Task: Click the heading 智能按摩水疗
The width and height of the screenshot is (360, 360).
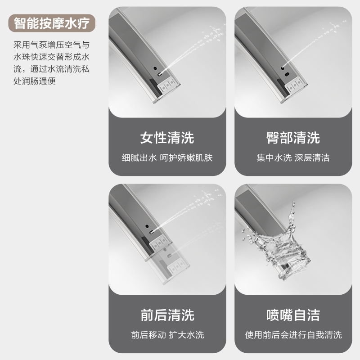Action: [x=52, y=23]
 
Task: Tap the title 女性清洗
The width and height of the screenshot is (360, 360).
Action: [x=167, y=138]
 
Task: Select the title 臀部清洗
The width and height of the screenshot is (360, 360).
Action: [x=293, y=138]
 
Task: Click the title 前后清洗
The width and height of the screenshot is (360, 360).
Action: [x=167, y=315]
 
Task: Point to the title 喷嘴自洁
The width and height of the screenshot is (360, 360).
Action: [x=293, y=315]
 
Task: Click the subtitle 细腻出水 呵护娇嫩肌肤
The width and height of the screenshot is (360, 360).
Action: [x=167, y=158]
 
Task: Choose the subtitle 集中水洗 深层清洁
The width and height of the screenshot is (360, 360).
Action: [x=293, y=158]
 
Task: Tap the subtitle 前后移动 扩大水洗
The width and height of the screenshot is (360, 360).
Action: [x=167, y=335]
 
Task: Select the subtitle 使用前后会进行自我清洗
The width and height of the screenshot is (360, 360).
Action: [x=293, y=335]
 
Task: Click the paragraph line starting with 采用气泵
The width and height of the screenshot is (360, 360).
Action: [x=51, y=45]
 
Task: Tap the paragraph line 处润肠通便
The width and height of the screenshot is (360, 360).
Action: [x=35, y=81]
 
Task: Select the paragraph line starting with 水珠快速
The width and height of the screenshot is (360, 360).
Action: [x=51, y=57]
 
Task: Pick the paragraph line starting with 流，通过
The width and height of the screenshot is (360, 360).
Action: [x=51, y=69]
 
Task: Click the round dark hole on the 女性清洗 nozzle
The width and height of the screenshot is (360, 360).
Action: [x=155, y=68]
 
